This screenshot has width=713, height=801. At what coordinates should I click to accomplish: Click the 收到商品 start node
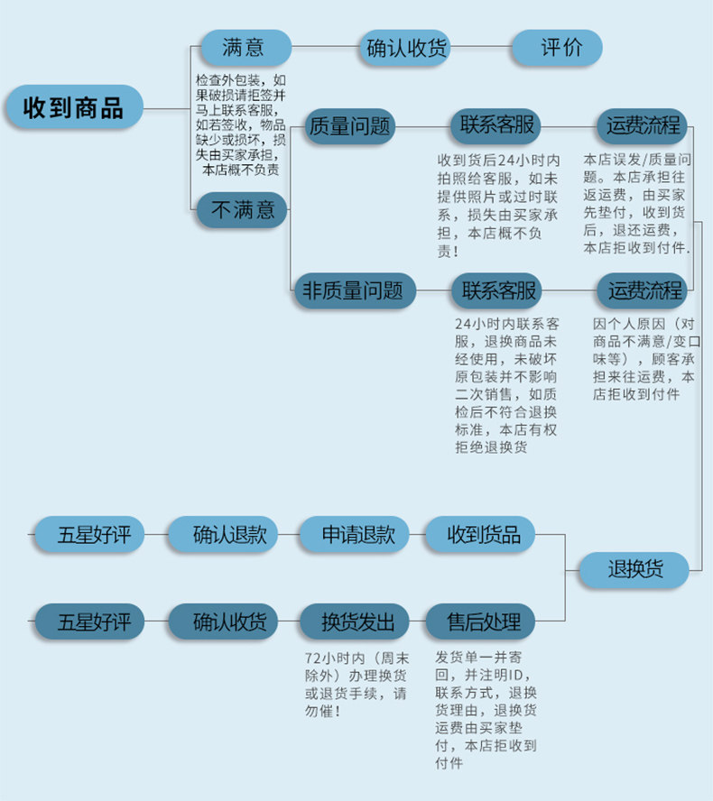tap(74, 106)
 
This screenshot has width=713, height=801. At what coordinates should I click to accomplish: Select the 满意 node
tap(246, 48)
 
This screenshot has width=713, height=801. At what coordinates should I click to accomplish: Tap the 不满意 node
tap(242, 209)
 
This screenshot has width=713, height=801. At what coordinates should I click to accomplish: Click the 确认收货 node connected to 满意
tap(405, 48)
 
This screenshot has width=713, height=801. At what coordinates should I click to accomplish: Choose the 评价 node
tap(557, 48)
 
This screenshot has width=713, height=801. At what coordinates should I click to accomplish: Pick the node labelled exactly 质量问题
tap(349, 126)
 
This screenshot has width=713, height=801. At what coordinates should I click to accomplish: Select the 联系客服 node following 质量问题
tap(495, 126)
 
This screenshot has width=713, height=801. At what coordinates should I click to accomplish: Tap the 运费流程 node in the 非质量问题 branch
tap(642, 290)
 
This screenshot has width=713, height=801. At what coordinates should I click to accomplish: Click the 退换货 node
tap(634, 569)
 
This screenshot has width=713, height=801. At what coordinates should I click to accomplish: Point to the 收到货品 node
tap(480, 534)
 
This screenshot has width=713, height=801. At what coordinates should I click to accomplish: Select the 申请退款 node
tap(354, 534)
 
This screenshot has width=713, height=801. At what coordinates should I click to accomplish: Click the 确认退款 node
tap(223, 534)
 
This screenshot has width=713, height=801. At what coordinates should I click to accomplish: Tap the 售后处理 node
tap(480, 621)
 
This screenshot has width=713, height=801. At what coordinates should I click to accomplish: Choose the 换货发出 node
tap(354, 621)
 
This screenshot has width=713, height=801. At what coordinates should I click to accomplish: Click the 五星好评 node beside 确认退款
tap(89, 534)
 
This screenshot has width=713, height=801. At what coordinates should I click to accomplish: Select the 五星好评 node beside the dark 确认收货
tap(89, 621)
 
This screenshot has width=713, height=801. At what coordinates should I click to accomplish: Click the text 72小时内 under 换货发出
tap(335, 658)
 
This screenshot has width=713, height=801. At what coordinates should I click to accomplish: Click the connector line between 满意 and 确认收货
tap(326, 47)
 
